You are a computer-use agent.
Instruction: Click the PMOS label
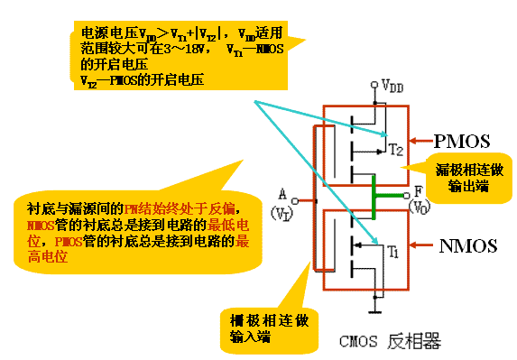[461, 141]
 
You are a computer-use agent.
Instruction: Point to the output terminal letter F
[418, 191]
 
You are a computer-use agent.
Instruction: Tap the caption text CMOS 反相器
[388, 341]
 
